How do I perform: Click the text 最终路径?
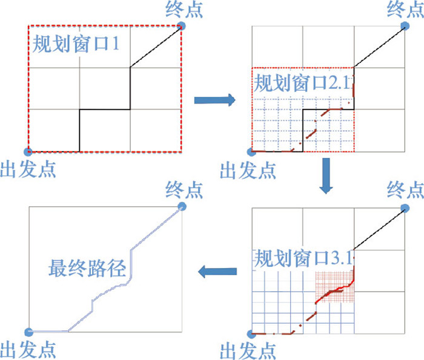88,267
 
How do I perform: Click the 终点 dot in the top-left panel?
181,26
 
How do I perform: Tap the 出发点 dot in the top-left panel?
27,152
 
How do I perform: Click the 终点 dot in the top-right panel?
405,26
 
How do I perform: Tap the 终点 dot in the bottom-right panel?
405,206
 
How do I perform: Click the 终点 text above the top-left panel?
184,9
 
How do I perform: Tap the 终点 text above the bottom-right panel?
405,189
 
